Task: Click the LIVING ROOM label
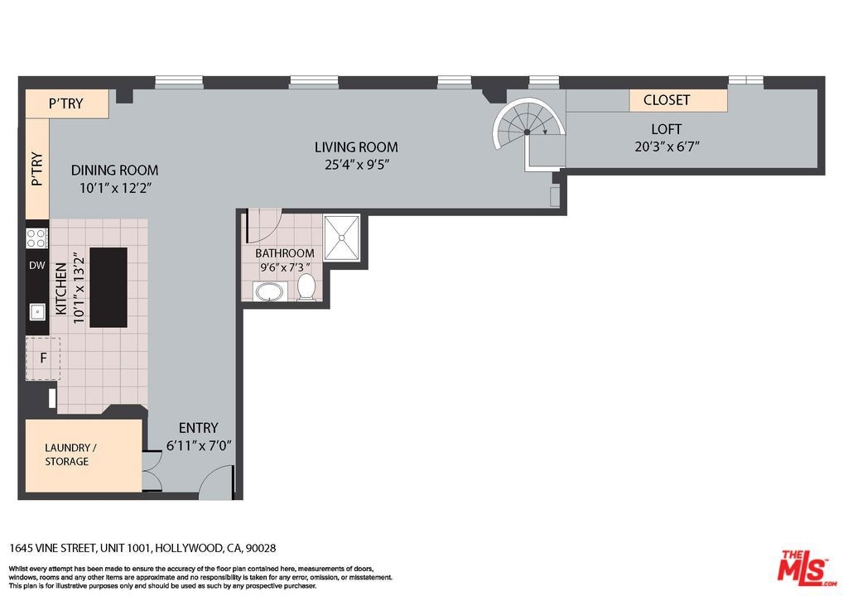tap(356, 147)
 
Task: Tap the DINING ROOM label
tap(114, 171)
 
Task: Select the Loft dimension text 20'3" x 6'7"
tap(667, 147)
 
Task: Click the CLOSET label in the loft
tap(666, 100)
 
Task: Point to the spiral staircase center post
tap(527, 132)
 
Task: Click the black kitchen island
tap(108, 287)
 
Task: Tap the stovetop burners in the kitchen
tap(36, 238)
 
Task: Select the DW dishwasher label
tap(37, 265)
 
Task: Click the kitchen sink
tap(37, 312)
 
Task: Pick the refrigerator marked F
tap(43, 358)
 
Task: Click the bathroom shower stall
tap(341, 238)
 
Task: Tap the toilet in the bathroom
tap(306, 287)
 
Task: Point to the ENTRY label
tap(199, 428)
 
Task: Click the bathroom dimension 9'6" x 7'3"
tap(284, 267)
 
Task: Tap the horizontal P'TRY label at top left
tap(65, 103)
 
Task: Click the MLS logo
tap(806, 568)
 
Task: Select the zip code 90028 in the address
tap(261, 548)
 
